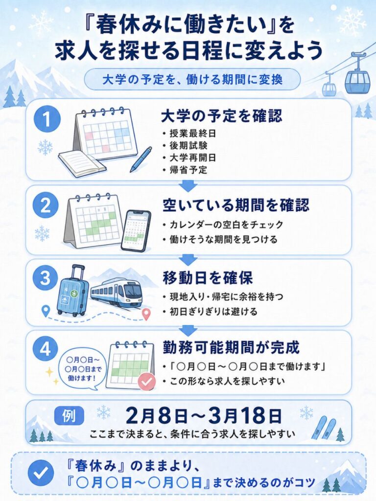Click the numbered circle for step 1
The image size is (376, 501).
[47, 120]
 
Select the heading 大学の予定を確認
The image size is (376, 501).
[222, 116]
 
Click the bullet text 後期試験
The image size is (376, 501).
[188, 145]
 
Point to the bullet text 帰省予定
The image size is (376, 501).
[188, 170]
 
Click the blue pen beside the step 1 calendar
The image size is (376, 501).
[141, 159]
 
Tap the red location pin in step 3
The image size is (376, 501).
[146, 314]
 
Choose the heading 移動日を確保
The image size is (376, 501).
[208, 278]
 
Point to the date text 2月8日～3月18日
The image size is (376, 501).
[204, 416]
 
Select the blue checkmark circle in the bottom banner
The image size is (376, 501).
[41, 473]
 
